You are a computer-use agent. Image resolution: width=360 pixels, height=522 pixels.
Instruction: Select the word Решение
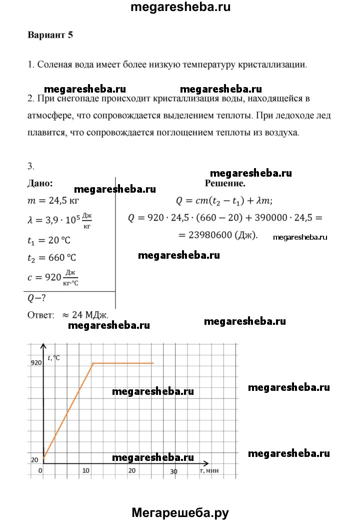(x=225, y=184)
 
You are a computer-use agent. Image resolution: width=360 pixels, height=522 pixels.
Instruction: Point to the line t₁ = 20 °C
(x=49, y=239)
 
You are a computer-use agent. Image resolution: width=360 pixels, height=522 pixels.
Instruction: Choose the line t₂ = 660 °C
(x=51, y=258)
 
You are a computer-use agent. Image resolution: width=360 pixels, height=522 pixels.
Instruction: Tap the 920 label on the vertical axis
(x=35, y=363)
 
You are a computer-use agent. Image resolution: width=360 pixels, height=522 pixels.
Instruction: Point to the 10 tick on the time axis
(x=85, y=470)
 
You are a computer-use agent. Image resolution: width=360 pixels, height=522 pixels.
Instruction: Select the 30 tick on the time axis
(x=173, y=471)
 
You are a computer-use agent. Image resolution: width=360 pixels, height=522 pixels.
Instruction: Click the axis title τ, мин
(x=209, y=470)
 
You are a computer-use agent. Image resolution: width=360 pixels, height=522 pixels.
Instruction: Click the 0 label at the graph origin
(x=40, y=470)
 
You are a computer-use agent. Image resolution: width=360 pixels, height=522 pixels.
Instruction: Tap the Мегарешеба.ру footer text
(x=180, y=511)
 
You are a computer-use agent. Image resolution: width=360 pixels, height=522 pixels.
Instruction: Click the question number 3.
(x=30, y=166)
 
